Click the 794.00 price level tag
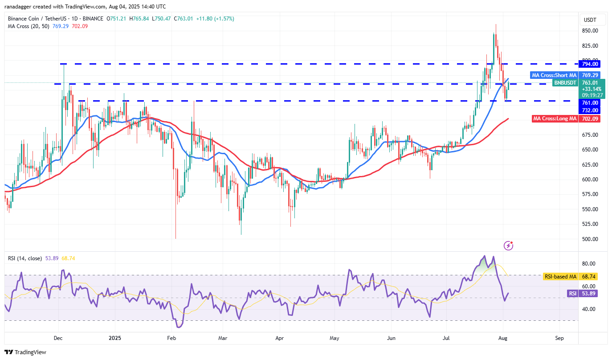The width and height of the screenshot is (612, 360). click(589, 64)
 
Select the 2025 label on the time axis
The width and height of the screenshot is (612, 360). click(115, 338)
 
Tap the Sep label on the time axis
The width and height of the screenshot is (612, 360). click(559, 338)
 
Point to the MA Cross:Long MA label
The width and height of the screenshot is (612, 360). click(555, 119)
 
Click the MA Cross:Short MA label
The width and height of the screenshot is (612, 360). click(554, 75)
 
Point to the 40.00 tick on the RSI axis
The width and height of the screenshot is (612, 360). click(588, 309)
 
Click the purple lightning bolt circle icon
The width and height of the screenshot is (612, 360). click(509, 245)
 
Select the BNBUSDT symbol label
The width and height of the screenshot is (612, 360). click(564, 83)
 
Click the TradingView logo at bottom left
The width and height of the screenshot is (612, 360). click(26, 352)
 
